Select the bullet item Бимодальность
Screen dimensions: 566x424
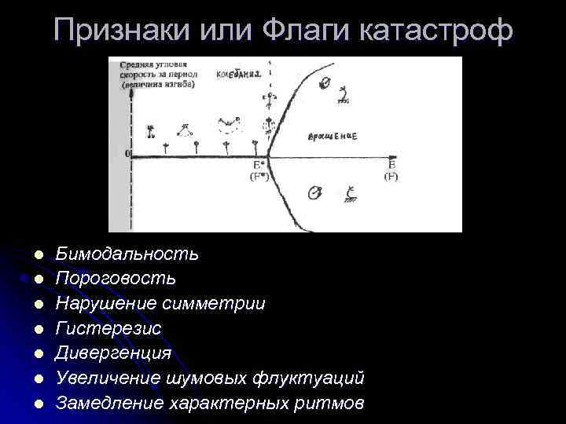click(x=127, y=254)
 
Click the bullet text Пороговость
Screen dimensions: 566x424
click(x=116, y=279)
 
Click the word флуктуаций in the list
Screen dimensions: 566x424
click(x=308, y=378)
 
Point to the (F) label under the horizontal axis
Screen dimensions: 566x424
click(x=391, y=177)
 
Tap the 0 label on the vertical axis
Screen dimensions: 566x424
click(x=128, y=154)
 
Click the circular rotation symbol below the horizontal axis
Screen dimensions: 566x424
click(x=314, y=192)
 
